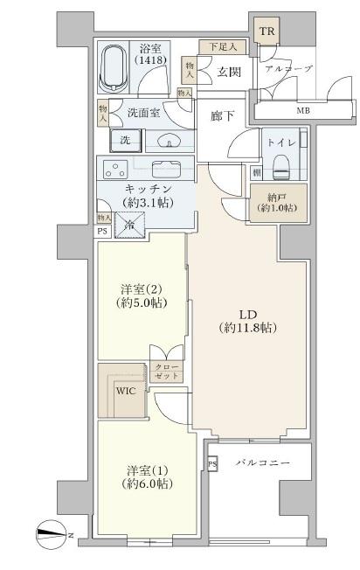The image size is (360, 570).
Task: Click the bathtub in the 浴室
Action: pos(114,67)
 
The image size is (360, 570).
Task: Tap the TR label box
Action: pos(267,31)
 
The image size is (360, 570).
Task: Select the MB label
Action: pos(303,110)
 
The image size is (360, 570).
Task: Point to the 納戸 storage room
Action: pos(278,203)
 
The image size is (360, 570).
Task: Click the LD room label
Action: pos(248,321)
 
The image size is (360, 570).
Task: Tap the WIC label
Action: pos(126,391)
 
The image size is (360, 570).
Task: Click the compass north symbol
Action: pos(51,534)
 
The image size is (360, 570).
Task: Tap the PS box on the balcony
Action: pos(212,464)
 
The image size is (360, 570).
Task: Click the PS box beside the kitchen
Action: pos(102,231)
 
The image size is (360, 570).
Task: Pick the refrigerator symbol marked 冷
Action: pos(129,225)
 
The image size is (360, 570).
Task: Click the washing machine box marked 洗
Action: pos(125,141)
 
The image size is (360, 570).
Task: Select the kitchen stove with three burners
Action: pos(115,169)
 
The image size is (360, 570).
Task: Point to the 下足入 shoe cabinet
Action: pos(222,47)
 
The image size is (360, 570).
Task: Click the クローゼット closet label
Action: pos(166,372)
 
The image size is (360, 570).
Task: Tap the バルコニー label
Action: pos(263,463)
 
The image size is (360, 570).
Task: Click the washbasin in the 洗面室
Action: pos(170,141)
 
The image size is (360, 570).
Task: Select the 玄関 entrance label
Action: pos(229,72)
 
